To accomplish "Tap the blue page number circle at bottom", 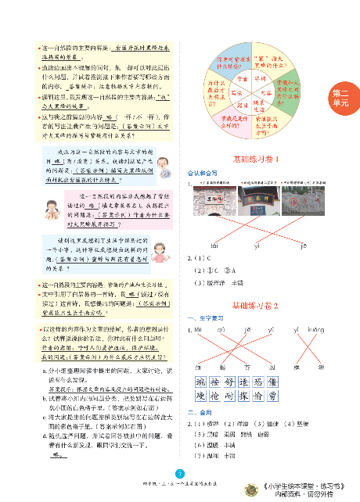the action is coord(180,472).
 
